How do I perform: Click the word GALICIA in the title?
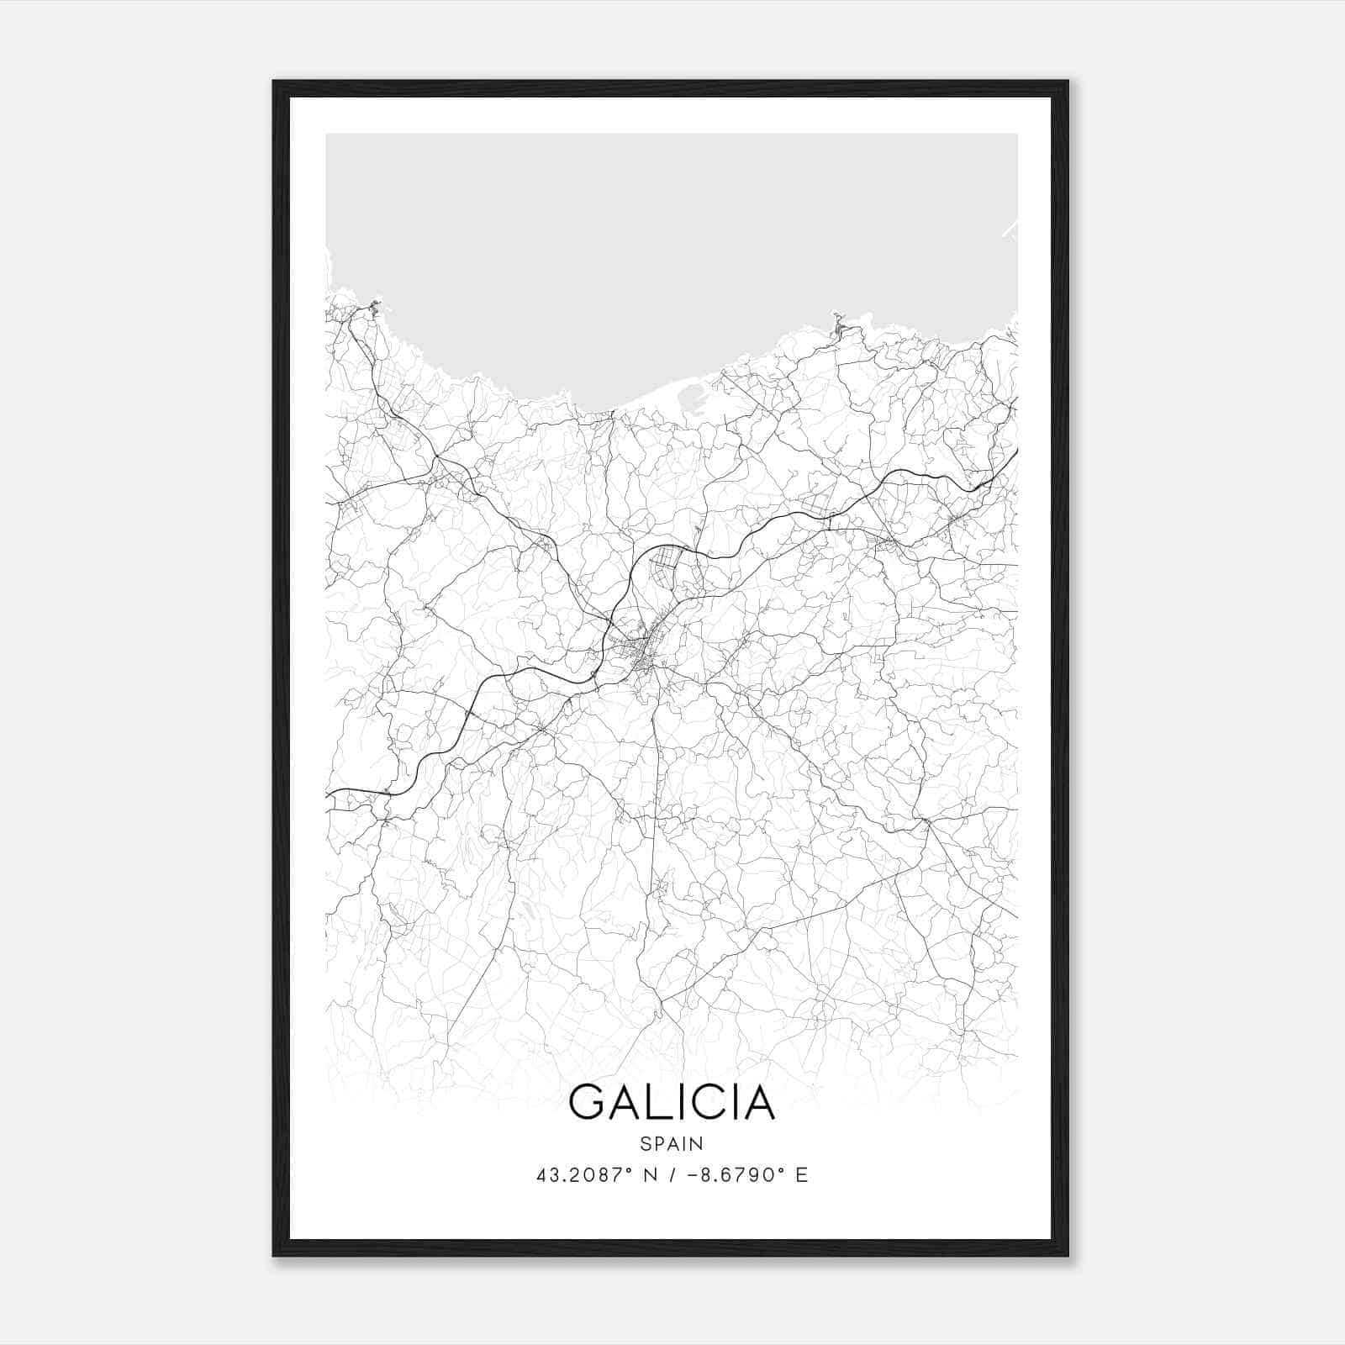pos(672,1102)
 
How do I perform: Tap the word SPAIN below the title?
pos(672,1143)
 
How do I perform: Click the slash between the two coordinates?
pos(670,1175)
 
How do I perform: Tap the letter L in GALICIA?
pos(659,1102)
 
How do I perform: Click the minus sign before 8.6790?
pos(692,1175)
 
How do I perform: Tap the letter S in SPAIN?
pos(645,1143)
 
